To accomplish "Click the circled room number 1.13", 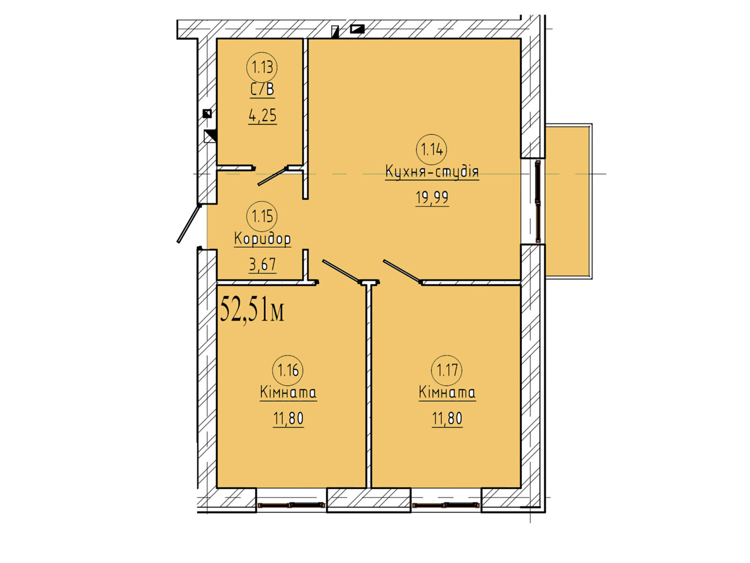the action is pos(262,68).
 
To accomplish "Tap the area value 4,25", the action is pos(262,115).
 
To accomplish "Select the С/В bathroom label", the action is pos(262,90).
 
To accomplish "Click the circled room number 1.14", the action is pos(432,150).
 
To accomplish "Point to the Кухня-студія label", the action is pos(432,172).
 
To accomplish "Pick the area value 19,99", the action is pos(432,198).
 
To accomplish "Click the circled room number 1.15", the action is pos(262,216).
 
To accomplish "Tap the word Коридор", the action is pos(262,239).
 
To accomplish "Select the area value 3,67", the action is pos(262,264).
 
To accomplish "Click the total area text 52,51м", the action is pos(252,310).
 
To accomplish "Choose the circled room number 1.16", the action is pos(288,371).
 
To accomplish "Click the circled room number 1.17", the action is pos(447,370).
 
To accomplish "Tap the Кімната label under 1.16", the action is pos(288,392).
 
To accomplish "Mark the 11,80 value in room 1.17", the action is pos(447,418).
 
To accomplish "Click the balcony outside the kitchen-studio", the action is pos(567,201).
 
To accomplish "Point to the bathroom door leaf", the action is pos(273,176).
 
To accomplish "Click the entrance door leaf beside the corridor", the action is pos(188,224).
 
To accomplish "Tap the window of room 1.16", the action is pos(291,504).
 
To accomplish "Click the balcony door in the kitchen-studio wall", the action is pos(538,202).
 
